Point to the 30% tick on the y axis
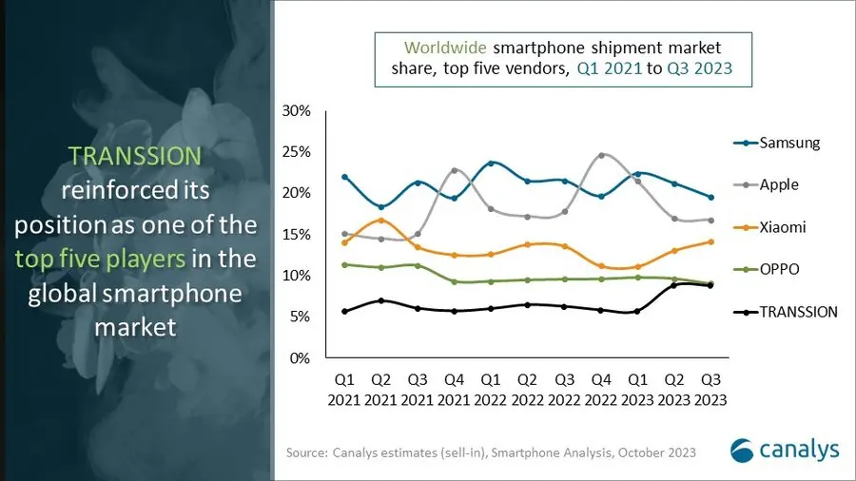tap(297, 111)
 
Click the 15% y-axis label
tap(297, 235)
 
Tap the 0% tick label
tap(301, 358)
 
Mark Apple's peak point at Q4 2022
tap(601, 155)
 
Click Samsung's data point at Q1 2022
tap(491, 164)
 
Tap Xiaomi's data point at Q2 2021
tap(380, 221)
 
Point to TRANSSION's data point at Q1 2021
tap(344, 311)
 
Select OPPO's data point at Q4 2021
tap(455, 281)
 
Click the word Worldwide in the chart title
tap(443, 47)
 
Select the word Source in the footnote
tap(306, 453)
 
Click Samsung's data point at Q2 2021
tap(380, 207)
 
